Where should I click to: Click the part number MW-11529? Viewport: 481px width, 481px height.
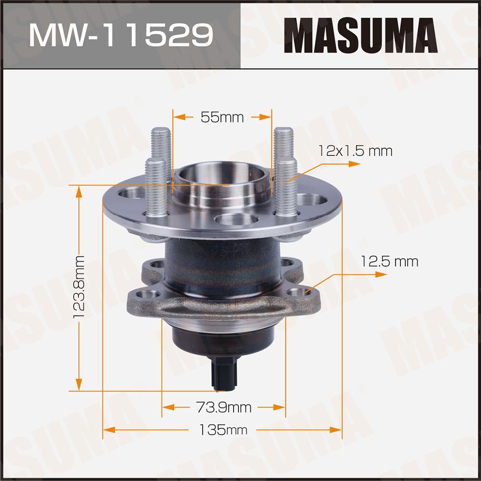tap(121, 35)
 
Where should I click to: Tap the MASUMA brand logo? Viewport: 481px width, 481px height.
tap(360, 35)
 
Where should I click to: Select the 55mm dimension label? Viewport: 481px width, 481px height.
tap(222, 117)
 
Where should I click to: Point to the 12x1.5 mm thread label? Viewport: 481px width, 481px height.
tap(355, 151)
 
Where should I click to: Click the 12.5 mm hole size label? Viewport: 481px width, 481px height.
tap(389, 262)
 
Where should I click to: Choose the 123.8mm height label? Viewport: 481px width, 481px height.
tap(79, 287)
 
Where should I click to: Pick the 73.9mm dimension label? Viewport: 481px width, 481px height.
tap(223, 407)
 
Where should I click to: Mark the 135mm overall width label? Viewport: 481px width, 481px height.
tap(223, 430)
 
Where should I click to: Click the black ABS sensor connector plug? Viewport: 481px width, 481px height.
tap(225, 374)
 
